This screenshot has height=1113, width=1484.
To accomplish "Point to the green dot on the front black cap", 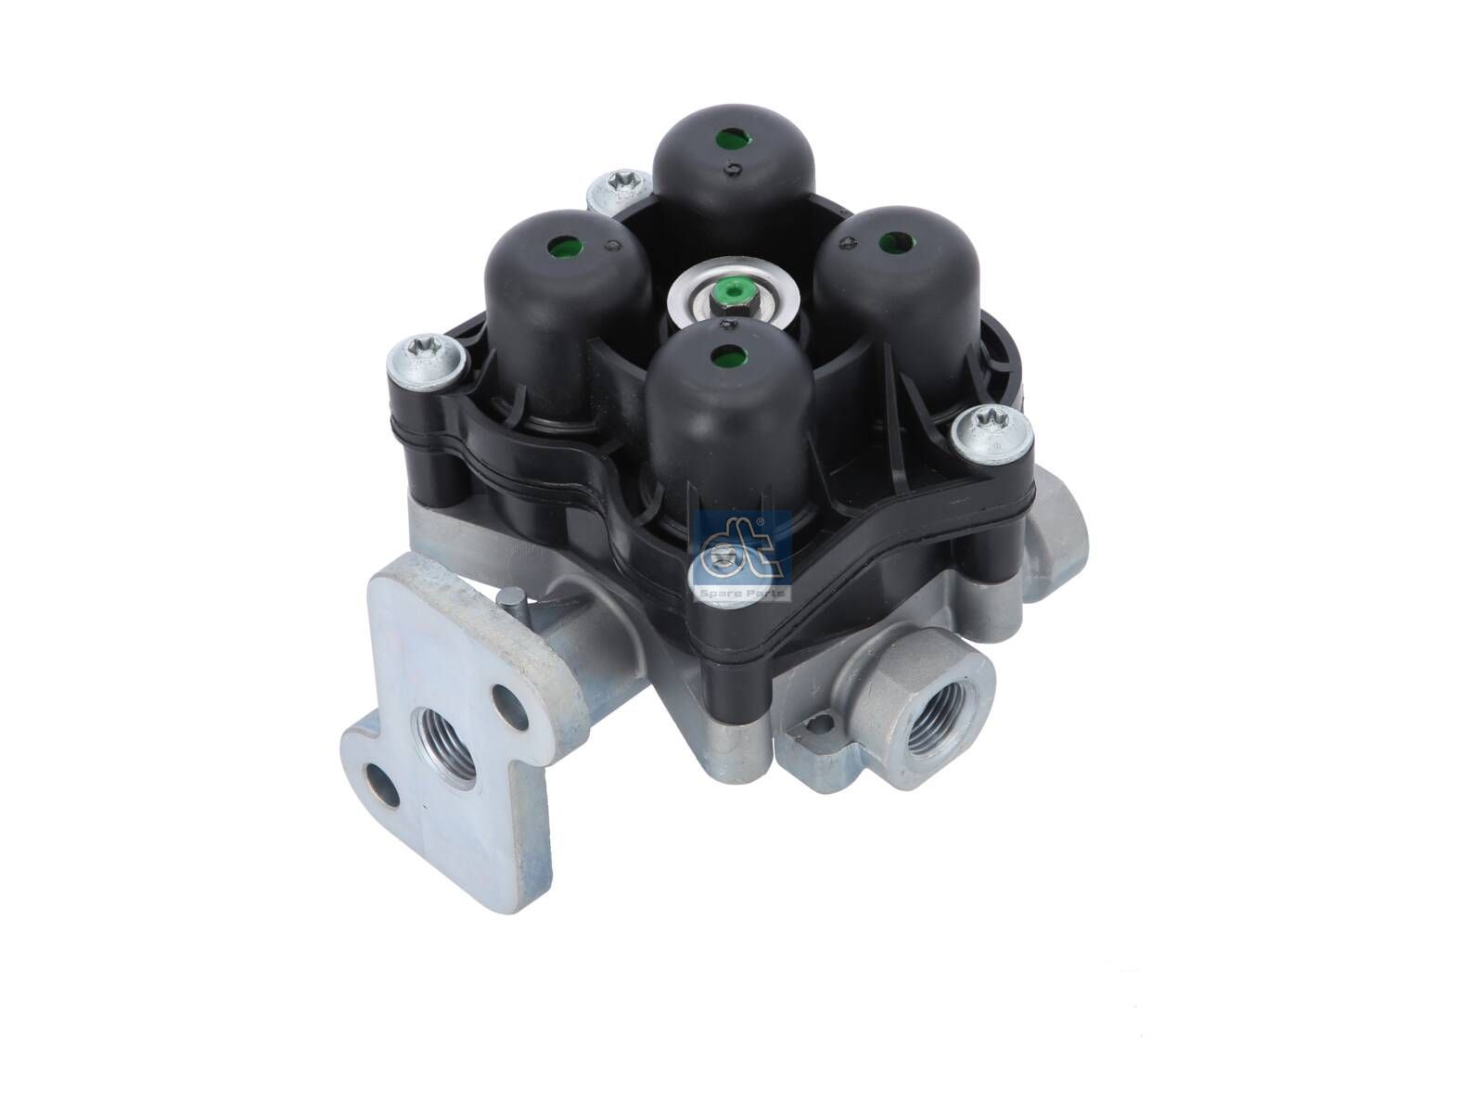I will [723, 354].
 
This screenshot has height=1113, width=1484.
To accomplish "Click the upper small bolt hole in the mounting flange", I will [507, 702].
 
